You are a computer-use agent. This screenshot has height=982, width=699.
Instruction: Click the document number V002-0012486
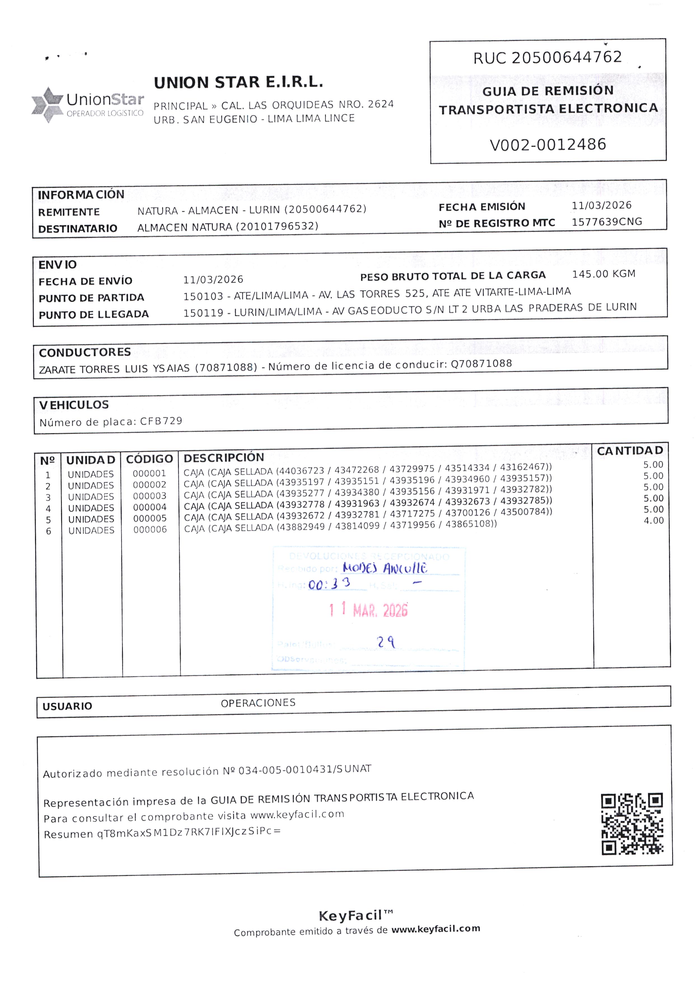tap(548, 145)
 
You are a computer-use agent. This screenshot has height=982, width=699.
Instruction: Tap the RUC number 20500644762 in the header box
tap(566, 57)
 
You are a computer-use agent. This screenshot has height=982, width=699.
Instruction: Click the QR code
tap(632, 823)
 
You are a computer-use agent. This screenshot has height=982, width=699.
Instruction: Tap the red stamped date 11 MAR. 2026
tap(368, 610)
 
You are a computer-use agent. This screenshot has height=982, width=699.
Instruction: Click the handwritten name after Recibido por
tap(384, 568)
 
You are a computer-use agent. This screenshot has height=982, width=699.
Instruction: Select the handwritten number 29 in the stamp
tap(386, 642)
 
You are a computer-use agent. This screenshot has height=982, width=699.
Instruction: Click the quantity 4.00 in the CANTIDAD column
tap(653, 521)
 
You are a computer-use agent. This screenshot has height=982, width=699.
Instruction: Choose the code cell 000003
tap(149, 496)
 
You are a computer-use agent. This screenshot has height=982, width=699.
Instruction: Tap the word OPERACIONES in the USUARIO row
tap(258, 703)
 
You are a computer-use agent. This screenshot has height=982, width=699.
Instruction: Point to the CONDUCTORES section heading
tap(85, 353)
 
